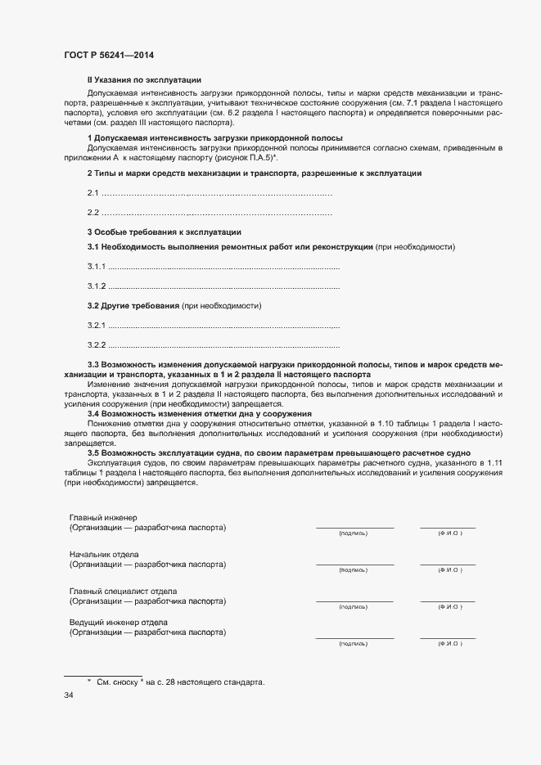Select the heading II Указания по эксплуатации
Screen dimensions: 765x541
pyautogui.click(x=144, y=79)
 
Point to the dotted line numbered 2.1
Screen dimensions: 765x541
pyautogui.click(x=217, y=193)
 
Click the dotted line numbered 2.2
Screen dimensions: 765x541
pyautogui.click(x=217, y=213)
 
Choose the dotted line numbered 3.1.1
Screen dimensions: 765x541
pyautogui.click(x=223, y=268)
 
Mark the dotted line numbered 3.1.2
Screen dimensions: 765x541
pyautogui.click(x=223, y=286)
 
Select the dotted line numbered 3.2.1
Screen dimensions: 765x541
pyautogui.click(x=223, y=326)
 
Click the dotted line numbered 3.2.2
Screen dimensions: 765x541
pyautogui.click(x=223, y=345)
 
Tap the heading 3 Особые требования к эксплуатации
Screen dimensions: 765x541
pyautogui.click(x=164, y=232)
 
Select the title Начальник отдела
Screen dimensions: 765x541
pyautogui.click(x=104, y=555)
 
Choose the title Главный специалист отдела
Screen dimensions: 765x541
pyautogui.click(x=123, y=591)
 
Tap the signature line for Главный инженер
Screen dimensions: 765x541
pyautogui.click(x=354, y=528)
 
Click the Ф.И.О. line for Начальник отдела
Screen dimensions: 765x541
pyautogui.click(x=447, y=564)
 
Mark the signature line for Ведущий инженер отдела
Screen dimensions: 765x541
pyautogui.click(x=354, y=637)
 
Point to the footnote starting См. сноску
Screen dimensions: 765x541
pyautogui.click(x=180, y=682)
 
